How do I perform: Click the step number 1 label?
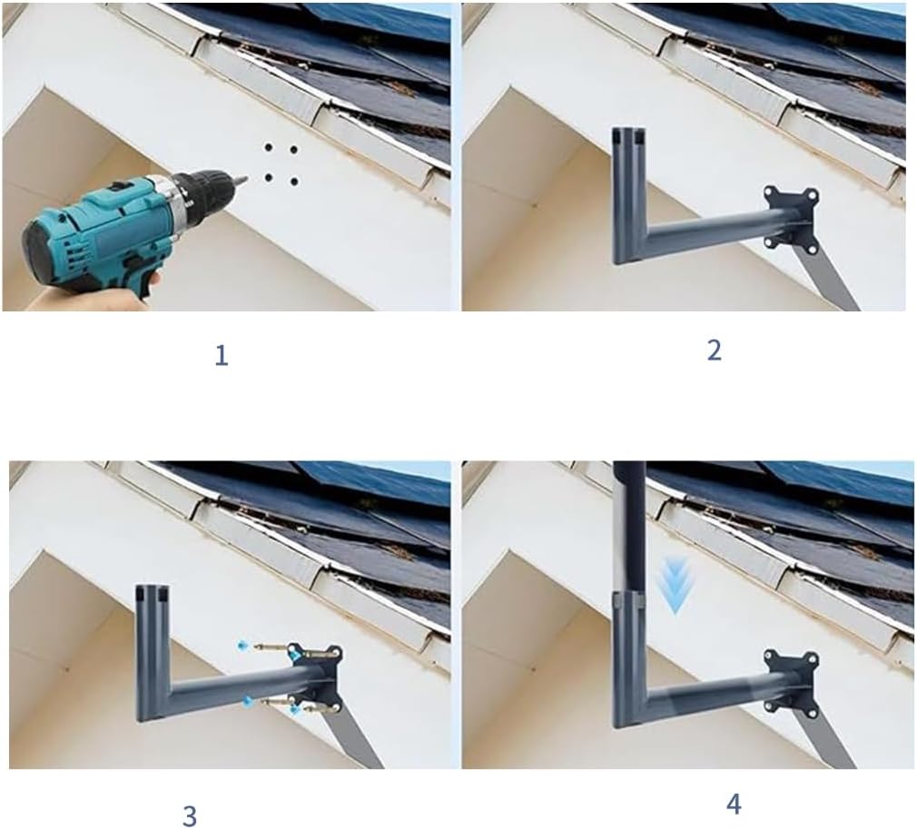tap(221, 356)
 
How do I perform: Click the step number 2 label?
tap(714, 350)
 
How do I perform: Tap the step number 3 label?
tap(189, 815)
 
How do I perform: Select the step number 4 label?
tap(734, 805)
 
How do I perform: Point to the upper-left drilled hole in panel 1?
tap(269, 147)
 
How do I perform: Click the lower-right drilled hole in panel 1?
tap(293, 182)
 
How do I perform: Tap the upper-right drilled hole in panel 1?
tap(293, 150)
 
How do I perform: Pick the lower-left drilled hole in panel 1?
tap(269, 177)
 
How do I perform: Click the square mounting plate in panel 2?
tap(791, 221)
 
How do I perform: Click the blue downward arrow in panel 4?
tap(675, 585)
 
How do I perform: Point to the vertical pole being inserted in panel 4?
tap(629, 527)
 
